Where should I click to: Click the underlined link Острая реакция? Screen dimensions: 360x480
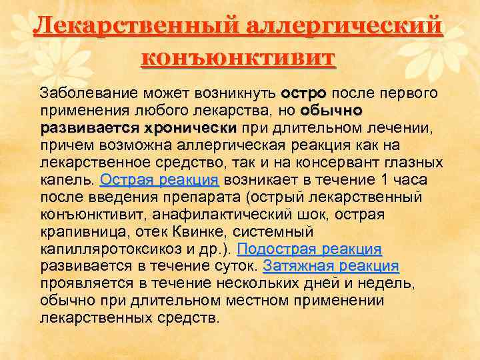point(159,179)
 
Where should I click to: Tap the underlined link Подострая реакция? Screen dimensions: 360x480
point(309,249)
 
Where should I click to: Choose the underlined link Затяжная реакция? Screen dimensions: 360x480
point(331,267)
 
